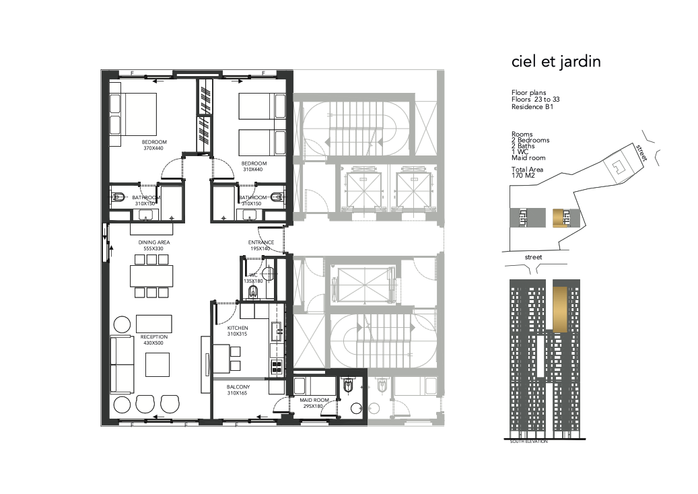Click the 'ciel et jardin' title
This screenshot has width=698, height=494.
556,61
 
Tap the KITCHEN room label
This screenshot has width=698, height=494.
238,328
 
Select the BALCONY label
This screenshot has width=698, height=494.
238,387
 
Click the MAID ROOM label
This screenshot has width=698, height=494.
314,400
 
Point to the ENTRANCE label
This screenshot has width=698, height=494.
261,242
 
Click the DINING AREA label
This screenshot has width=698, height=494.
154,242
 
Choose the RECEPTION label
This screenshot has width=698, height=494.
154,337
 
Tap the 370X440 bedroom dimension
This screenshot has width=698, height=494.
153,148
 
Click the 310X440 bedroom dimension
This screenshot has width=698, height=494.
253,170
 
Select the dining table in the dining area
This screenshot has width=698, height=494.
152,276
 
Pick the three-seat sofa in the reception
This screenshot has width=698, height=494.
122,364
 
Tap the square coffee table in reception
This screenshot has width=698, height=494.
158,365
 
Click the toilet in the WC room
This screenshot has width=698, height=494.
253,291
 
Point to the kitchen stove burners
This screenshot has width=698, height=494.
277,367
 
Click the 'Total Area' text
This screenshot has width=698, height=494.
527,169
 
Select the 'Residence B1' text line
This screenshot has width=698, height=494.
532,107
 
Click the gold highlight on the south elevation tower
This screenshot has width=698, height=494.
560,310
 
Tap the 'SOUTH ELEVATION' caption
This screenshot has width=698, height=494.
528,442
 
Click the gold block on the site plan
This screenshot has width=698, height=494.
559,218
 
